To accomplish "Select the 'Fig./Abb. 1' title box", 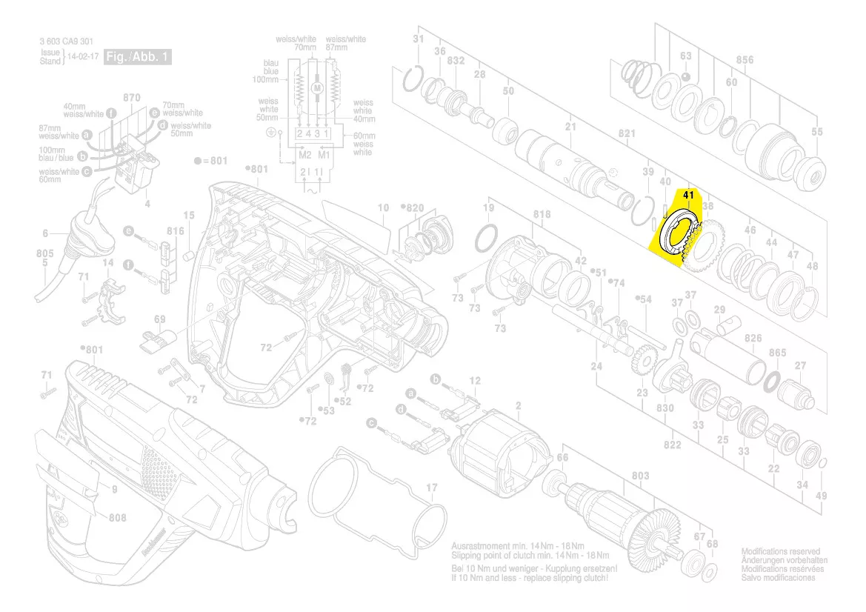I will click(138, 56).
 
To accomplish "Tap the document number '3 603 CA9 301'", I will click(67, 41).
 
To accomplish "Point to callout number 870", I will click(132, 98).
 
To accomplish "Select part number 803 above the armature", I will click(640, 476).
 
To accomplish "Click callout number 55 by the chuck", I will click(816, 132).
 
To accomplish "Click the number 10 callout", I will click(383, 208).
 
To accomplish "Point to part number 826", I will click(753, 338).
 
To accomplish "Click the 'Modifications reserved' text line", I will click(781, 552).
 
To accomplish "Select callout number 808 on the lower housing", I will click(117, 518).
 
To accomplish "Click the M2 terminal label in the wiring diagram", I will click(304, 156).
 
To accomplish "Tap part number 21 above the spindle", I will click(570, 127).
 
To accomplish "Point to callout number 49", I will click(821, 496).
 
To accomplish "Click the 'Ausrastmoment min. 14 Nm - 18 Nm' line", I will click(530, 546).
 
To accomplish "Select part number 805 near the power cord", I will click(44, 253).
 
